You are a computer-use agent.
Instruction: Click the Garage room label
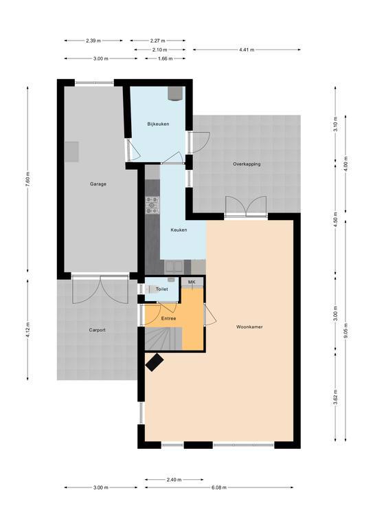click(98, 184)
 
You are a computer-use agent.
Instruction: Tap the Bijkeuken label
click(158, 124)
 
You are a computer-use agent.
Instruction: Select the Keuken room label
click(179, 230)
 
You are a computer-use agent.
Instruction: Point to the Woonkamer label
click(249, 327)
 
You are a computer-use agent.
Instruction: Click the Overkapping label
click(247, 164)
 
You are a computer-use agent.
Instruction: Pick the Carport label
click(98, 330)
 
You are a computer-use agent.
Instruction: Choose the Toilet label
click(161, 289)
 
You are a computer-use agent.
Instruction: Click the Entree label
click(168, 318)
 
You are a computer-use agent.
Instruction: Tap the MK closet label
click(192, 282)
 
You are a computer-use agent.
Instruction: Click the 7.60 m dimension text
click(28, 179)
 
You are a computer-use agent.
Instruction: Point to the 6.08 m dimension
click(219, 487)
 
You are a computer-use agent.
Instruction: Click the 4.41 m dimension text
click(247, 49)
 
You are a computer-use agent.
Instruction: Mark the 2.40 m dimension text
click(174, 479)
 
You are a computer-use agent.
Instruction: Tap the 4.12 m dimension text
click(28, 329)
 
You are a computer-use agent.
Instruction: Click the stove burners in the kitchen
click(152, 205)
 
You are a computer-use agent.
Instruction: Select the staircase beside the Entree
click(163, 340)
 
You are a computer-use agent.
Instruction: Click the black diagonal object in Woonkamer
click(155, 362)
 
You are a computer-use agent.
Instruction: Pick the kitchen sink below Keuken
click(174, 267)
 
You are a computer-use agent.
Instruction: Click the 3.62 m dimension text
click(335, 396)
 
